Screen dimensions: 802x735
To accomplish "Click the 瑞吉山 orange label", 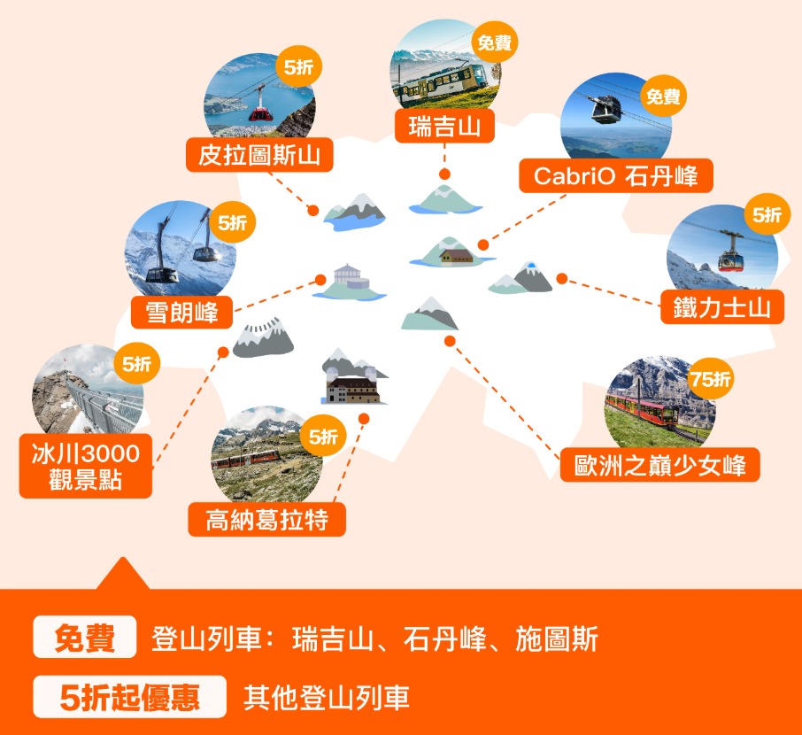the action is point(444,126).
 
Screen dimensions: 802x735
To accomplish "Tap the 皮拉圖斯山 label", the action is point(259,155).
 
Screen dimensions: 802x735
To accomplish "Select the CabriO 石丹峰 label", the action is point(616,176).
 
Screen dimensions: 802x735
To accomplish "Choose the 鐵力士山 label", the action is point(722,307).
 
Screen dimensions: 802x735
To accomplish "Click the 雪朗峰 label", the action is point(182,312).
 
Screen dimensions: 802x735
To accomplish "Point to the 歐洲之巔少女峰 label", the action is point(659,465).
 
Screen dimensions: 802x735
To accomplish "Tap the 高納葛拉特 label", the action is point(267,520).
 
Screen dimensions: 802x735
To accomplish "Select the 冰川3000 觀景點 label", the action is point(86,467).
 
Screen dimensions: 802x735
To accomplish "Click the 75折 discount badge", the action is point(710,379).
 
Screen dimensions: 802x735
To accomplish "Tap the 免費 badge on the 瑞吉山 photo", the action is point(495,42).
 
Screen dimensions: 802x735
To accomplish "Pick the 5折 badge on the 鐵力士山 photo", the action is point(767,214).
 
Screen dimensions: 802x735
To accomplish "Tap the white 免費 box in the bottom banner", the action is point(85,638).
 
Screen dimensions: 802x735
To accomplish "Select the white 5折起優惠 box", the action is point(130,697).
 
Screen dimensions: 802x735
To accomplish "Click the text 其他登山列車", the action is point(327,697).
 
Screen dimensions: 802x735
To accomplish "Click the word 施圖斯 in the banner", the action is point(557,638).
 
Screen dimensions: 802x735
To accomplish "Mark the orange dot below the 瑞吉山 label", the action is point(444,174).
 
